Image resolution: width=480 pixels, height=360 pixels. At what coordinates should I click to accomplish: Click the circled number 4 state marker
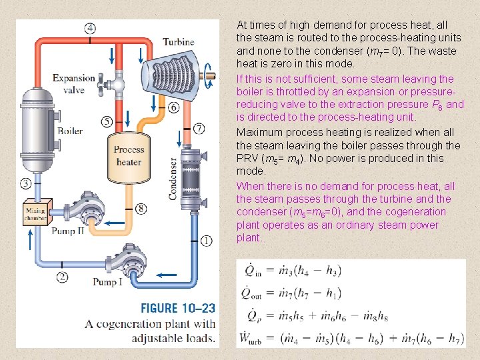tap(89, 28)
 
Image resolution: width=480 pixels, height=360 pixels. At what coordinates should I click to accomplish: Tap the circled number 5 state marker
tap(107, 121)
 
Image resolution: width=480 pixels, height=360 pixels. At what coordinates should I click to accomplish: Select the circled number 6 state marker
tap(173, 107)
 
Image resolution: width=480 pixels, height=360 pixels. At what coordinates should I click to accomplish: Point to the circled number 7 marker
tap(199, 128)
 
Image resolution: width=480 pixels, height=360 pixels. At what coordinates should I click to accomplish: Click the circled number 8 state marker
tap(139, 209)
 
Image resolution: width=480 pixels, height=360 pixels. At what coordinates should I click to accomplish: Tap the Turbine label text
tap(179, 43)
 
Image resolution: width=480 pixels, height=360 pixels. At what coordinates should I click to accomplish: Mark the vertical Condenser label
tap(173, 179)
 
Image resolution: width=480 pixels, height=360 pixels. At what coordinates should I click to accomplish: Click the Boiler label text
tap(70, 131)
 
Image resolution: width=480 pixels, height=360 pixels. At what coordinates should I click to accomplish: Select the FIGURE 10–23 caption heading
tap(177, 308)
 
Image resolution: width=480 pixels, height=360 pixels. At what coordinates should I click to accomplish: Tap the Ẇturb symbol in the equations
tap(254, 337)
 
